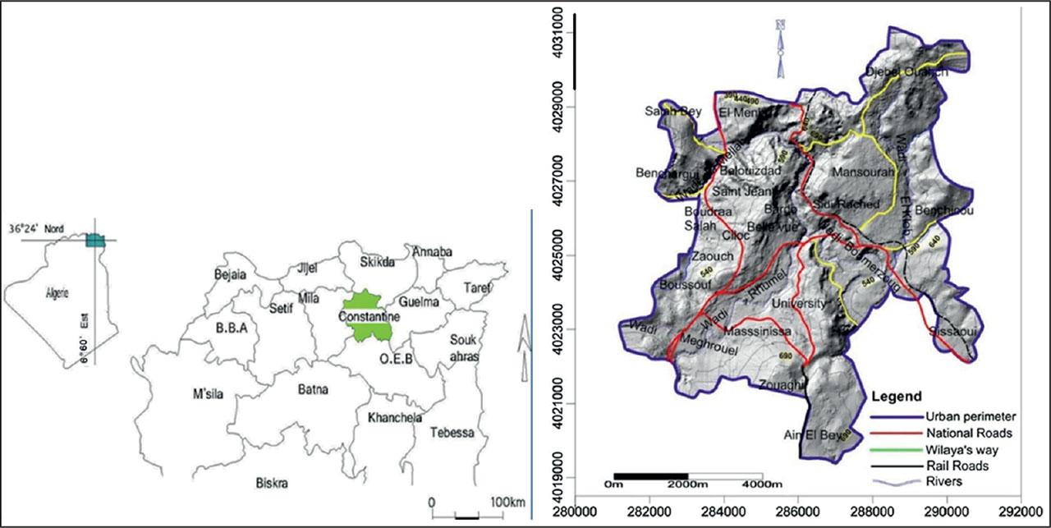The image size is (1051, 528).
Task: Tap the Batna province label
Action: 312,390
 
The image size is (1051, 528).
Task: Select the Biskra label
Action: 272,483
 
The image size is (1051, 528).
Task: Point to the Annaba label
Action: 433,251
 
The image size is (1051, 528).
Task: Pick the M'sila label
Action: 209,395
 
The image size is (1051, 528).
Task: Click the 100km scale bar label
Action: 507,502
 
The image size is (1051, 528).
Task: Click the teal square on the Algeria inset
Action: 96,240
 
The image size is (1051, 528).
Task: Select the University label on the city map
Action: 799,303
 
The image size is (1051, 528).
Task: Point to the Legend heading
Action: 898,396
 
